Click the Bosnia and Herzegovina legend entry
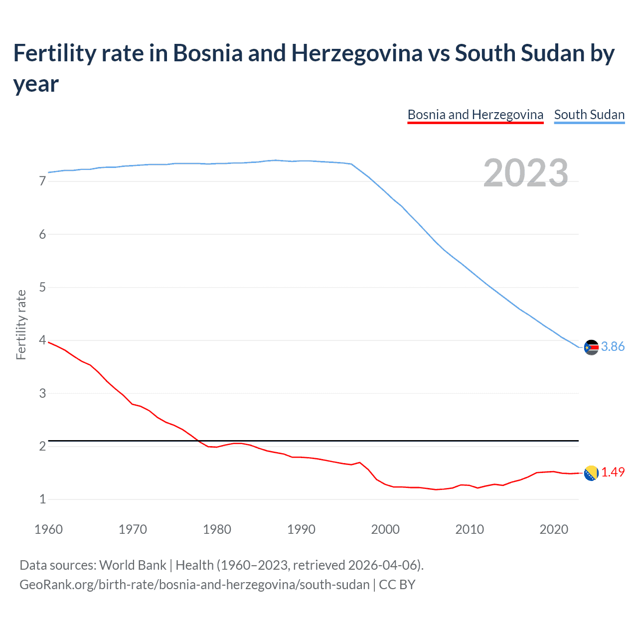(475, 115)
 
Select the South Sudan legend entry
(589, 115)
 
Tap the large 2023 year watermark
(525, 173)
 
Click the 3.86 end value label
(613, 346)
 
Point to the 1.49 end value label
(613, 472)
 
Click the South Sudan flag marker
(591, 347)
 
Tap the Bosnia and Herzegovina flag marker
(591, 473)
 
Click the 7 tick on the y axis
(42, 181)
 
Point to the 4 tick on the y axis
(42, 340)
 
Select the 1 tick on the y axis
(42, 499)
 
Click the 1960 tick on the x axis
(48, 529)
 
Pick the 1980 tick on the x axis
(217, 529)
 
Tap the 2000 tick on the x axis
(385, 529)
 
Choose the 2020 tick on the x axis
(554, 529)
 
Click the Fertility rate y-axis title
(21, 324)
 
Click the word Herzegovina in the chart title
(357, 53)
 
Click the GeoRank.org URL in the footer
(194, 585)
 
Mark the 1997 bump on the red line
(360, 463)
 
